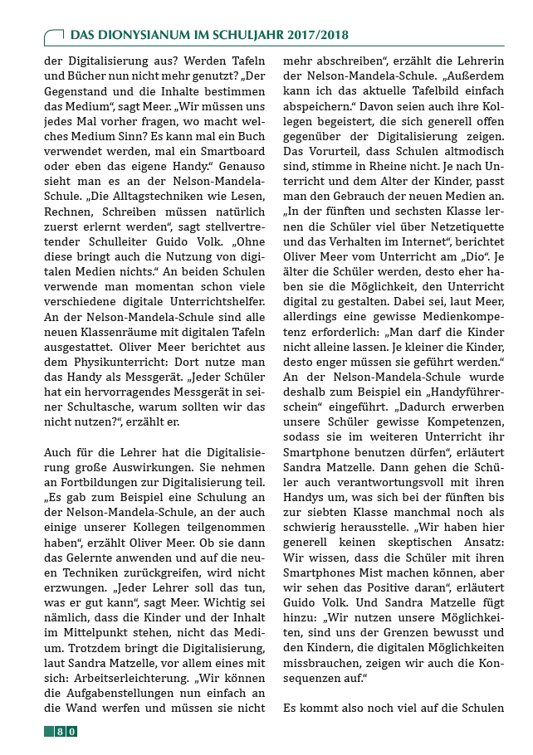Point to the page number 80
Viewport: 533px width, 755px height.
coord(66,731)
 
